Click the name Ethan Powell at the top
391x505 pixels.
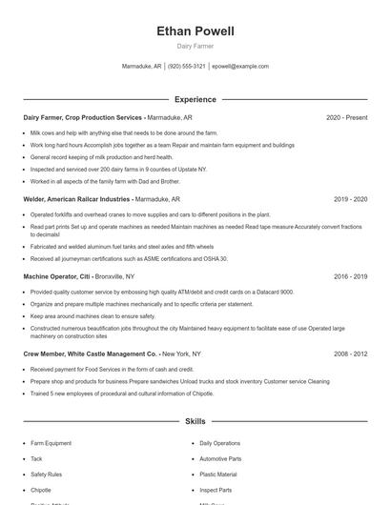[195, 31]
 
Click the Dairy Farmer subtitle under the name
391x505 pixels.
[195, 46]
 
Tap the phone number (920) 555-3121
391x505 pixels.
[188, 67]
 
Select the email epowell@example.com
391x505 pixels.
[240, 67]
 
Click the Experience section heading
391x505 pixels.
[195, 99]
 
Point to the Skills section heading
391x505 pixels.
[195, 420]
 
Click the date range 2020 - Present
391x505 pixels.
[346, 118]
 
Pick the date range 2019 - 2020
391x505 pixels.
[350, 200]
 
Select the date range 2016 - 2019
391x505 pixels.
[350, 276]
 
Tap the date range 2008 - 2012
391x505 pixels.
[350, 353]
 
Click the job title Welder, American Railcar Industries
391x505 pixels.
[77, 200]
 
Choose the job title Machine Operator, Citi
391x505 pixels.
[64, 276]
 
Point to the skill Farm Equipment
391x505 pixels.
[51, 443]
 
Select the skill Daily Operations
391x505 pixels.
[219, 443]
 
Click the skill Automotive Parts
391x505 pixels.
[220, 458]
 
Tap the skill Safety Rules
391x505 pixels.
[46, 474]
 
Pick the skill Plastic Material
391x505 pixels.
[218, 474]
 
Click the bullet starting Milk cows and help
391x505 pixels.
[124, 133]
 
